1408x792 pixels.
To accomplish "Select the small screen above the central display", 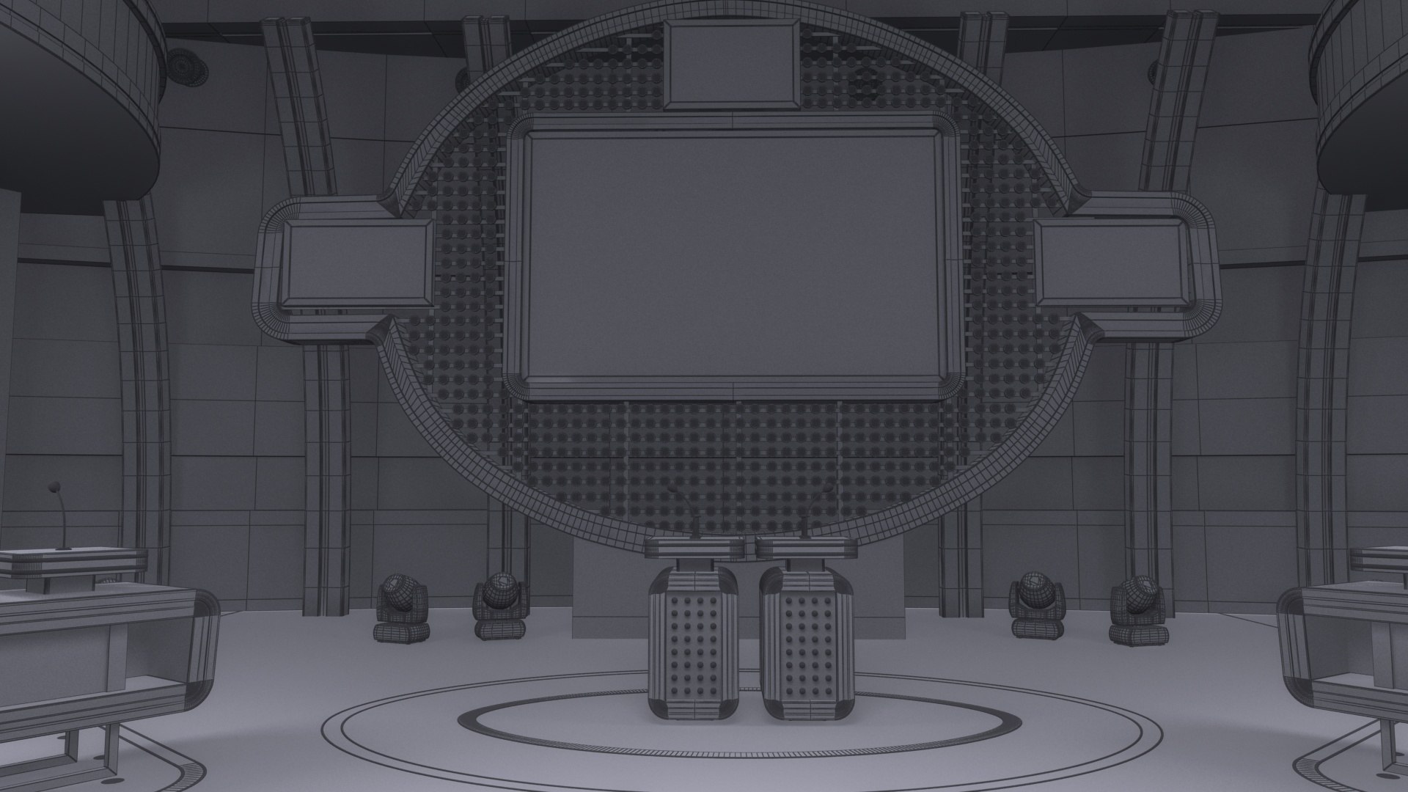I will tap(730, 64).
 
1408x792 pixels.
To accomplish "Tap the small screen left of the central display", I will tap(356, 264).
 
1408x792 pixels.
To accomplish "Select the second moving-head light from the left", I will tap(501, 605).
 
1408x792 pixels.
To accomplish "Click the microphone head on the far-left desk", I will tap(54, 487).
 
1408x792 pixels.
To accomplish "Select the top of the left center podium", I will tap(693, 546).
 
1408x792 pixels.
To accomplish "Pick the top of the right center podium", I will tap(805, 546).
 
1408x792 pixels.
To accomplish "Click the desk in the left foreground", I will tap(95, 645).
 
